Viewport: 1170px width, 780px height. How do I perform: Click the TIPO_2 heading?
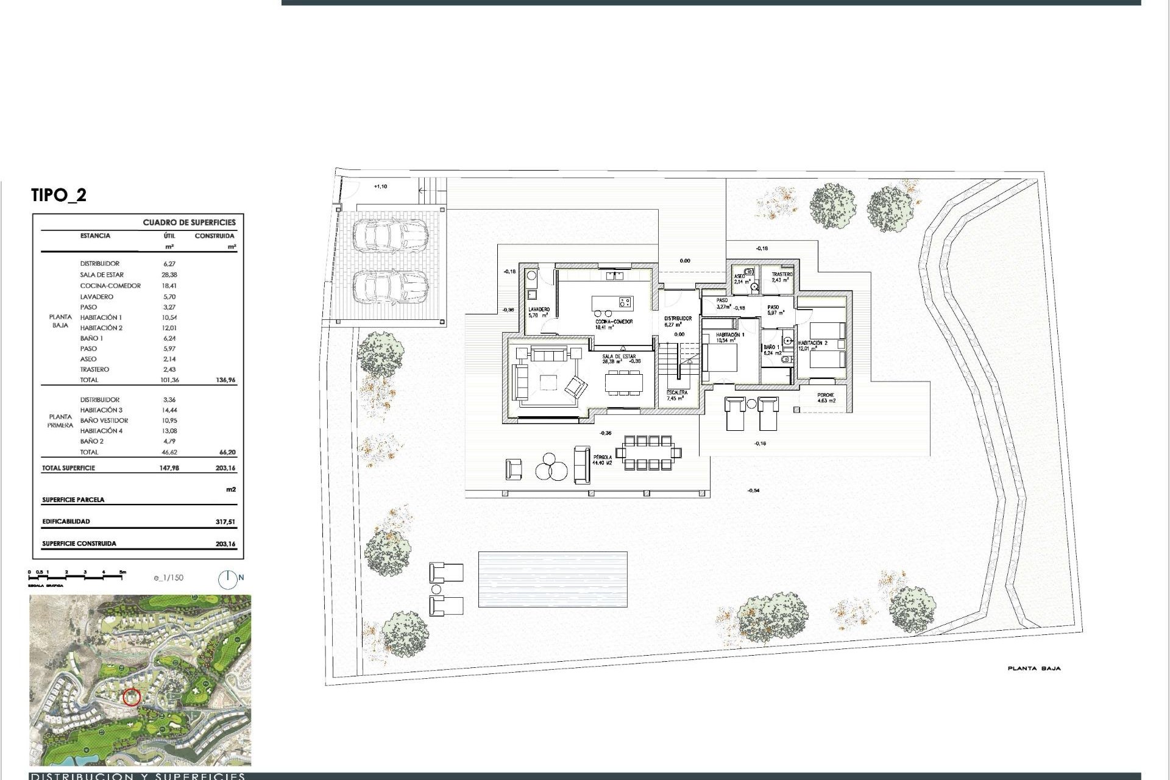(58, 195)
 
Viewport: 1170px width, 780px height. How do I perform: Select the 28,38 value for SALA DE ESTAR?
(169, 275)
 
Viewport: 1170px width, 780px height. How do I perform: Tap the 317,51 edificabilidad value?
(225, 522)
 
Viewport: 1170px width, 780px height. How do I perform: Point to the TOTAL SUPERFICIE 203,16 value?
(225, 469)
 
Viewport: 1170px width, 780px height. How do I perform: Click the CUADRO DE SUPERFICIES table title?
(189, 222)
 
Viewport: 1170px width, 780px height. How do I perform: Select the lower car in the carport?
(391, 286)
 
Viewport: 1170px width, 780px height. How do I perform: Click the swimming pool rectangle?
(552, 579)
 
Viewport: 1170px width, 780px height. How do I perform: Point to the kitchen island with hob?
(612, 303)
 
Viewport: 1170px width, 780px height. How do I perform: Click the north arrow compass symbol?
(228, 580)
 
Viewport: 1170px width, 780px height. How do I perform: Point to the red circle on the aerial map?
(131, 697)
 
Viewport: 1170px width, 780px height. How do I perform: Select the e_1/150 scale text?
(168, 578)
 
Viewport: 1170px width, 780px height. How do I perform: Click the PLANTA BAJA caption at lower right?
(1033, 668)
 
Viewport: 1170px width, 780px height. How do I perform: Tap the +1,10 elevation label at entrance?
(380, 186)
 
